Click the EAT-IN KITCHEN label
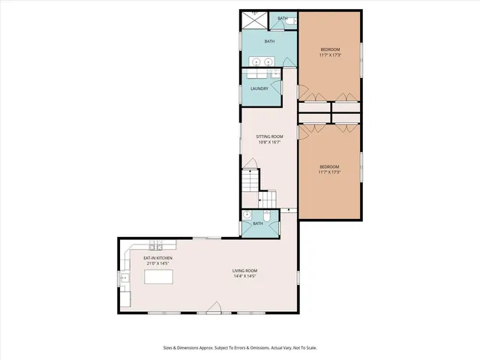158,258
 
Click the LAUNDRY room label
259,88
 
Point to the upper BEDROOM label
330,49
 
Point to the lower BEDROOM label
330,166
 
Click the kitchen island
159,277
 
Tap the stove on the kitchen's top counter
157,246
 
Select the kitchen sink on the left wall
124,278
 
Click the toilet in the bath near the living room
267,215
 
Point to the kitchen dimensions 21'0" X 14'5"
158,264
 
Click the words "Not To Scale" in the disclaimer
301,347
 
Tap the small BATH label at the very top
283,19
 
